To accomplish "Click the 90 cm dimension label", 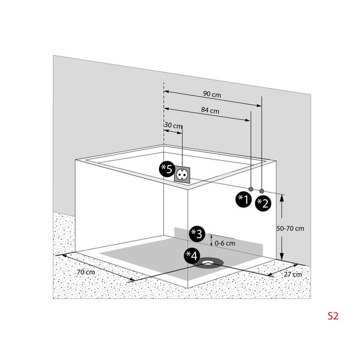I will click(x=212, y=94).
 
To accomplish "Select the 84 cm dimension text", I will click(x=210, y=111).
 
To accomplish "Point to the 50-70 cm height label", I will click(x=290, y=228).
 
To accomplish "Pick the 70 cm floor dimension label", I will click(x=86, y=272).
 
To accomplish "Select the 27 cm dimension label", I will click(x=293, y=274).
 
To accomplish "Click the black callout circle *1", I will click(x=242, y=200).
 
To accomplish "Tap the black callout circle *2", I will click(x=263, y=203).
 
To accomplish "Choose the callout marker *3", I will click(x=196, y=233).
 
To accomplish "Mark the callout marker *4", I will click(x=192, y=256).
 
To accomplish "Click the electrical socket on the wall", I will click(x=182, y=174).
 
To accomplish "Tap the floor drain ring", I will click(x=211, y=261).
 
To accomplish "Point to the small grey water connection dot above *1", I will click(x=251, y=188).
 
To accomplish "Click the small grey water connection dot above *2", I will click(x=262, y=190).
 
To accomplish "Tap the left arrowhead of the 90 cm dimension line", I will click(x=167, y=92).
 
